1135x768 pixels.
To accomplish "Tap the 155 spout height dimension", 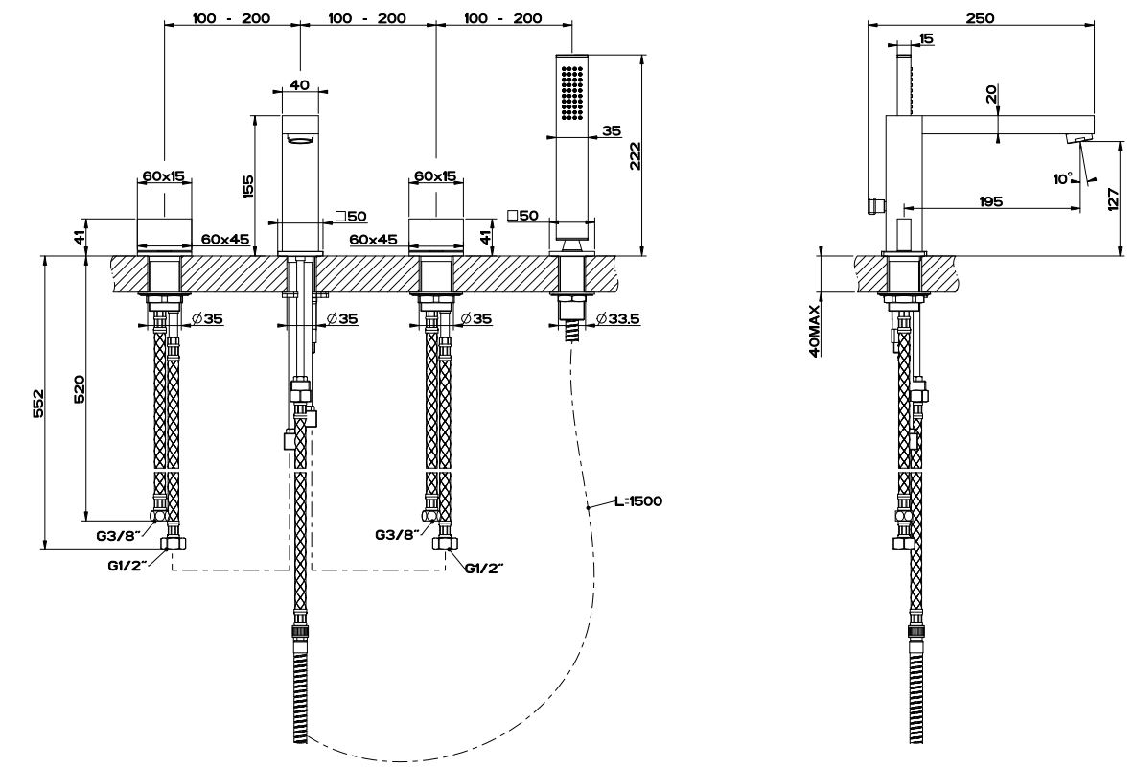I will [x=248, y=185].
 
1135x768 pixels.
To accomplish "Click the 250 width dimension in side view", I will [x=981, y=18].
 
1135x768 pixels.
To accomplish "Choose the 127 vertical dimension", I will [x=1112, y=198].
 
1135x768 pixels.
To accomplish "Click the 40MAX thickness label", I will [x=814, y=331].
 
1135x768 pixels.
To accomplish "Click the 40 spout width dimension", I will [x=298, y=84].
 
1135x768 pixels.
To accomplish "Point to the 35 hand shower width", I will [x=611, y=130].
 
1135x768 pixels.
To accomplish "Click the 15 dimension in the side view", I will [x=926, y=38].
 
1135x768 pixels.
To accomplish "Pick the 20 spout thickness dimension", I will [x=991, y=93].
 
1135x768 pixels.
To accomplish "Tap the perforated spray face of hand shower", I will [x=571, y=92].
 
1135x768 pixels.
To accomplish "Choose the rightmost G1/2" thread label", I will [x=484, y=568].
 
